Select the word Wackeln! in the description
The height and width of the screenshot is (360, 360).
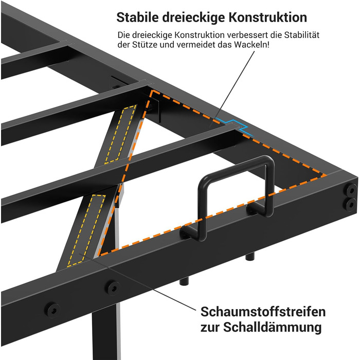click(x=251, y=45)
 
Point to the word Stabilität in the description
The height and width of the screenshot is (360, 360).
click(x=302, y=35)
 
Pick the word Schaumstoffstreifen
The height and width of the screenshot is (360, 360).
click(x=263, y=312)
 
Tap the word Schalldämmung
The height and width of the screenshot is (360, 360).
click(x=272, y=327)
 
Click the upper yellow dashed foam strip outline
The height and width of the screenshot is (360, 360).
click(x=120, y=134)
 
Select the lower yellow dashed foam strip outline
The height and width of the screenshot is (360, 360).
click(x=86, y=231)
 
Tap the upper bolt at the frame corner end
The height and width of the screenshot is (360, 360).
click(x=351, y=190)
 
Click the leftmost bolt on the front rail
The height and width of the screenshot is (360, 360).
click(x=52, y=310)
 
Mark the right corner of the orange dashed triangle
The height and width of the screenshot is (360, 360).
click(x=326, y=175)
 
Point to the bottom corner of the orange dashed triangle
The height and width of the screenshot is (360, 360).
click(x=99, y=255)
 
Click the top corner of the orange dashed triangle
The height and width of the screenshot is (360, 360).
click(x=152, y=90)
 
